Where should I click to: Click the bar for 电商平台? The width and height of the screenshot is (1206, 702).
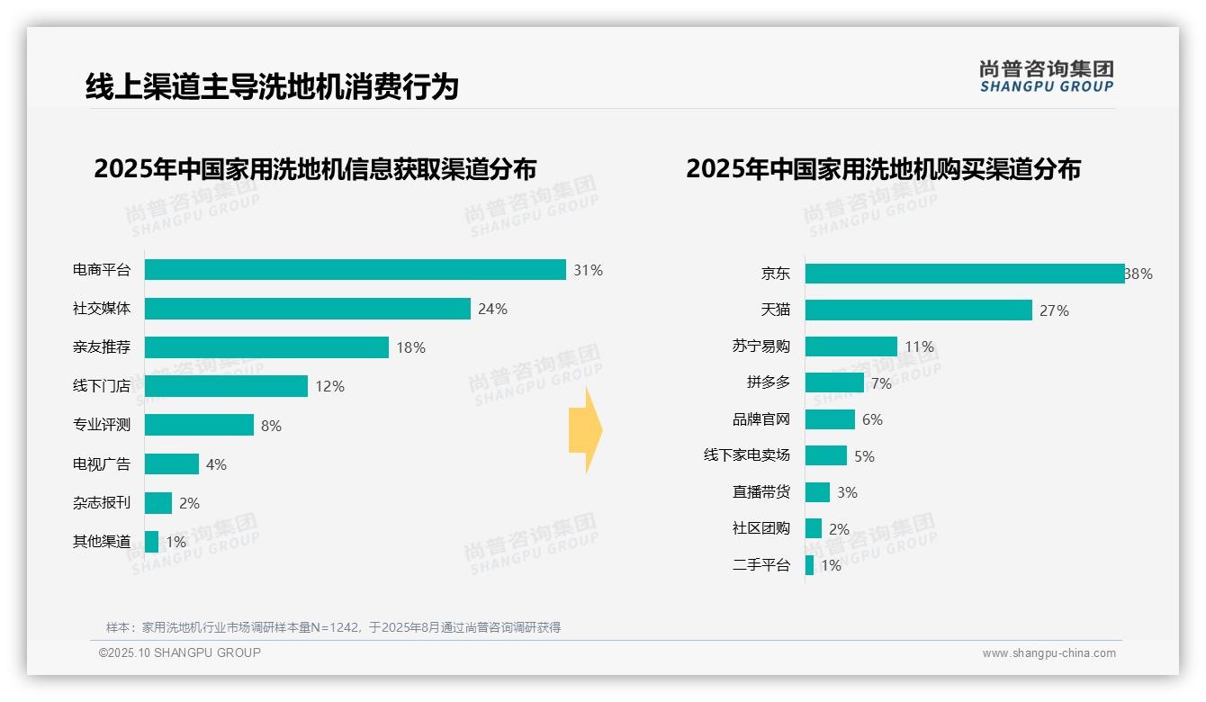click(355, 270)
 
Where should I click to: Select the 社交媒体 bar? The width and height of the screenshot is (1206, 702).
click(307, 309)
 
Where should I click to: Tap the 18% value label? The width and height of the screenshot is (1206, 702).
click(410, 347)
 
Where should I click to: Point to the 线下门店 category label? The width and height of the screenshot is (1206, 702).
click(102, 386)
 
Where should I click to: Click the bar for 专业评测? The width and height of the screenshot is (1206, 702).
click(199, 425)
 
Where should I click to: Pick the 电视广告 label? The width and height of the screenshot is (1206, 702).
click(102, 464)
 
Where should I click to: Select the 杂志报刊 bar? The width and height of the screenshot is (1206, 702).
click(157, 503)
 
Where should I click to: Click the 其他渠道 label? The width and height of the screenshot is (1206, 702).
click(102, 542)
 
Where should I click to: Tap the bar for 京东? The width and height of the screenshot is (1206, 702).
click(964, 274)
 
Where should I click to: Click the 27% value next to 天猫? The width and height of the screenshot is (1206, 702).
click(1054, 310)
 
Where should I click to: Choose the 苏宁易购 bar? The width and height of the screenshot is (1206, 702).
click(850, 346)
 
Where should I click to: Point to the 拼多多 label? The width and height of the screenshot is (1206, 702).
click(768, 382)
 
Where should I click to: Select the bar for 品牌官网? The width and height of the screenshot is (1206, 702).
click(830, 419)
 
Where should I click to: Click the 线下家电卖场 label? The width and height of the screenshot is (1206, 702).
click(746, 455)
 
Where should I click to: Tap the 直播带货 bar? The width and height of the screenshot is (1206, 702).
click(817, 492)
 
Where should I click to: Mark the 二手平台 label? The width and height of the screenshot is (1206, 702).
click(760, 565)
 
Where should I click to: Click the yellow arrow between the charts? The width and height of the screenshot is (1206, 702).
click(586, 431)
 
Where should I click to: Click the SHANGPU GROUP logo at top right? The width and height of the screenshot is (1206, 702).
click(1046, 76)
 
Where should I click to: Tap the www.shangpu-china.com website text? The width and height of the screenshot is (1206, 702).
click(1048, 653)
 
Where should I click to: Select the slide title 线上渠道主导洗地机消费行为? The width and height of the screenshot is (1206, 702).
click(272, 86)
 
